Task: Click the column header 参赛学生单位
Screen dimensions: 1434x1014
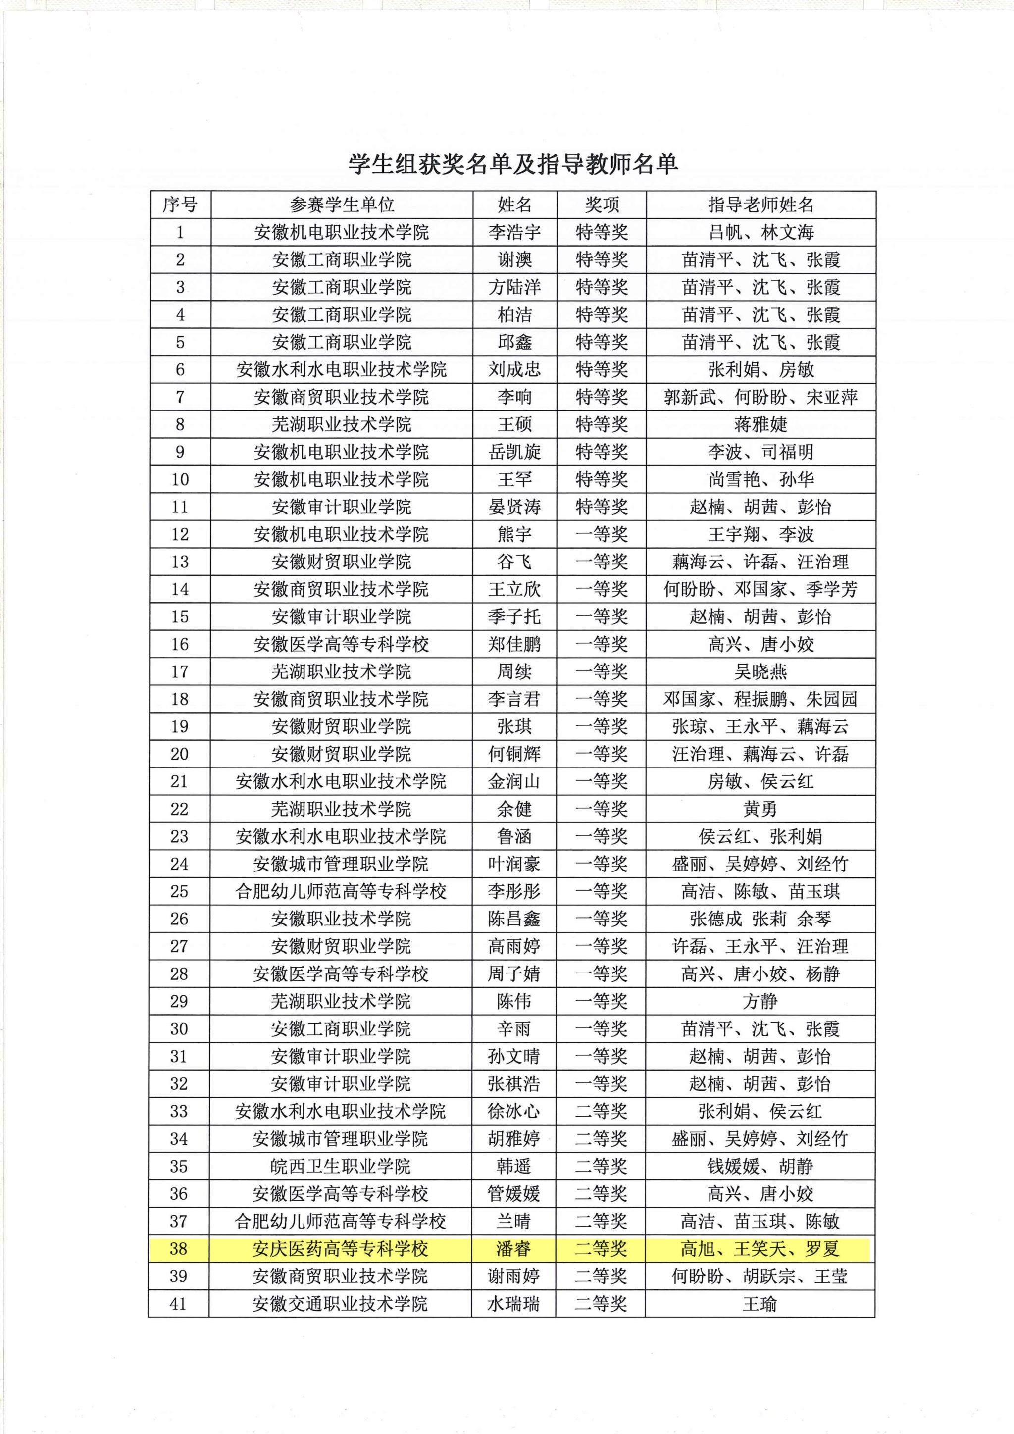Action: click(342, 205)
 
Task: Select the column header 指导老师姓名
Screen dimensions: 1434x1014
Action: click(760, 205)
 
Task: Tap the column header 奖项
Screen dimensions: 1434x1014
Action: click(601, 205)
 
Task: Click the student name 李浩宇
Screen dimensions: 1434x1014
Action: click(514, 232)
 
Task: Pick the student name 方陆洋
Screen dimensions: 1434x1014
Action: click(514, 287)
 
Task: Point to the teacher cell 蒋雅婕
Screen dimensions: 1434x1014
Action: click(760, 425)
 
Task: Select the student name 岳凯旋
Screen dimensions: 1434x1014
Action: click(514, 452)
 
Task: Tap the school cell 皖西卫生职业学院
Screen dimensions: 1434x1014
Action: click(341, 1167)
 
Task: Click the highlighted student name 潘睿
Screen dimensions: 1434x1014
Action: click(513, 1249)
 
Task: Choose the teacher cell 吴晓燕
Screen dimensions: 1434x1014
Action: click(760, 672)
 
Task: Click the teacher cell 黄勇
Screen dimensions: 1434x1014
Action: click(760, 810)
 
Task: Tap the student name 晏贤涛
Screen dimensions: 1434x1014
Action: click(514, 507)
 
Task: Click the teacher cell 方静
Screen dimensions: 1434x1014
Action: click(760, 1002)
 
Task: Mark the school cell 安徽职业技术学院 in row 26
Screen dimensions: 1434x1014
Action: click(341, 920)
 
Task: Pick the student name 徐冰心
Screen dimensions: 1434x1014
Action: click(514, 1112)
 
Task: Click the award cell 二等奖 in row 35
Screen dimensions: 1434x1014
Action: click(601, 1167)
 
